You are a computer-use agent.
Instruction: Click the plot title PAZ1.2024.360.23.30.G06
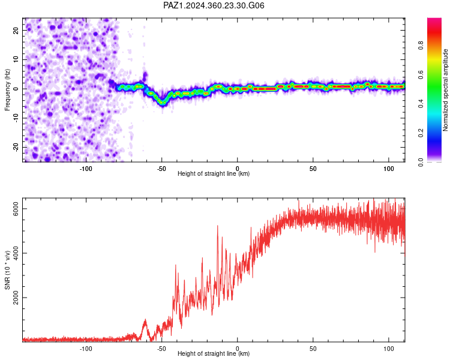click(x=214, y=5)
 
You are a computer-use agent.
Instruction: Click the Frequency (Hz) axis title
click(x=7, y=90)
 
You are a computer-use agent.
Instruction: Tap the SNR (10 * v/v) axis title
click(x=7, y=270)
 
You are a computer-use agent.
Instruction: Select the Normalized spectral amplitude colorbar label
click(x=445, y=90)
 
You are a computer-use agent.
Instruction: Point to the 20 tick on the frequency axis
click(x=16, y=30)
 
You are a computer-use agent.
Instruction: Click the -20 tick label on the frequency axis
click(x=16, y=147)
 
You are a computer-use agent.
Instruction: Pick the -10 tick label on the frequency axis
click(x=16, y=118)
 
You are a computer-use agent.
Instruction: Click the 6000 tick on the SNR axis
click(x=16, y=208)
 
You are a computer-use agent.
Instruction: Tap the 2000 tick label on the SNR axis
click(x=16, y=298)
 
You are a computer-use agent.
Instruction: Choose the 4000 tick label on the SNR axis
click(x=16, y=253)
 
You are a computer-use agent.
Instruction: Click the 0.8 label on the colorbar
click(x=421, y=46)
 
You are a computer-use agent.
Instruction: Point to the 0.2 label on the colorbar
click(x=421, y=133)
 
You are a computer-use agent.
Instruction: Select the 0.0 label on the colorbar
click(x=421, y=162)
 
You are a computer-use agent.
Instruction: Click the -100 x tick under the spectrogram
click(x=86, y=169)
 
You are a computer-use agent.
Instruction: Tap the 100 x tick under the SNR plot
click(x=389, y=349)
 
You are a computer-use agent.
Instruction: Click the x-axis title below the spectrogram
click(x=214, y=173)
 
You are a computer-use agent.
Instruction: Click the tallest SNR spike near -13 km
click(x=217, y=226)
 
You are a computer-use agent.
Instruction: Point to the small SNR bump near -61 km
click(x=145, y=320)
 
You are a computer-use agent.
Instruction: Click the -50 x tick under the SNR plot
click(x=161, y=349)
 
